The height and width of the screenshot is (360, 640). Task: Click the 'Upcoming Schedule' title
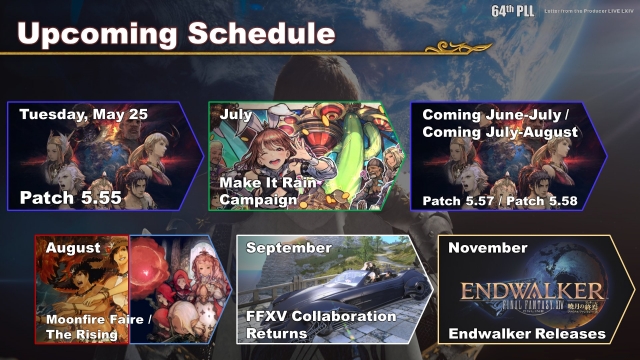[175, 34]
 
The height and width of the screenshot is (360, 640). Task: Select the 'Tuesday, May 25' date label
[84, 115]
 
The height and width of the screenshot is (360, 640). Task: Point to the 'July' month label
[236, 115]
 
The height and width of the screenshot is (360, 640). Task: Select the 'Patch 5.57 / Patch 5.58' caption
[500, 199]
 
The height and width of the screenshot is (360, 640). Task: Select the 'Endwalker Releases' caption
[526, 333]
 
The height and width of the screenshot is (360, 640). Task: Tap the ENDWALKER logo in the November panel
[525, 294]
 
